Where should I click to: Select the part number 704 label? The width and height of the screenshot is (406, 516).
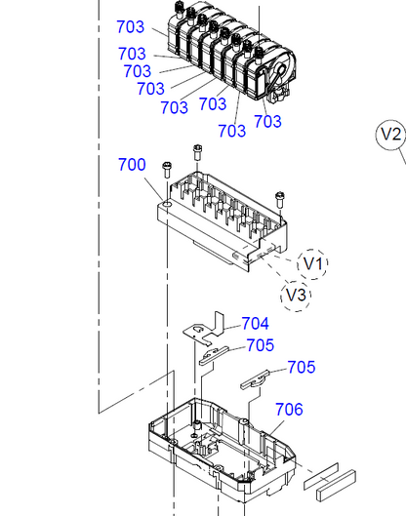point(255,323)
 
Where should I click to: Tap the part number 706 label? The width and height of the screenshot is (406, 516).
point(289,409)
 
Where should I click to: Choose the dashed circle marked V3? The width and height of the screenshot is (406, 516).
point(296,294)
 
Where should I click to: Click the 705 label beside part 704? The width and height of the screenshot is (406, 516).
point(260,345)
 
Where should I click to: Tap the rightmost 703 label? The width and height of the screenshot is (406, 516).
point(267,121)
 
